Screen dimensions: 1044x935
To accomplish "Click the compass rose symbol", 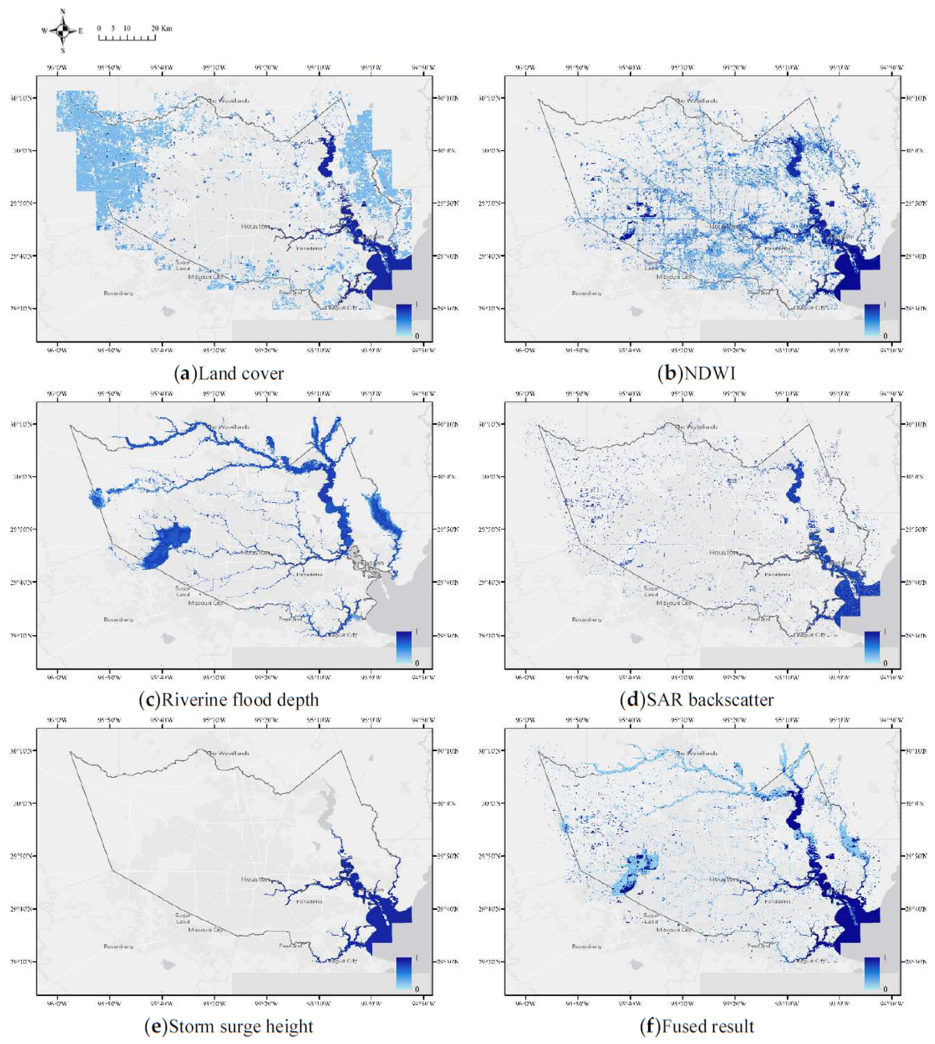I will point(63,31).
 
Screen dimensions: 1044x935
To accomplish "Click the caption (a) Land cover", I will point(229,373).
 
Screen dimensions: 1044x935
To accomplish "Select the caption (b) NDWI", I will point(697,373).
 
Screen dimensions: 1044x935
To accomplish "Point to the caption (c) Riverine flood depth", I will point(229,699).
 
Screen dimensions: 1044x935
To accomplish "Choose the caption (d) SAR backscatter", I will point(697,699).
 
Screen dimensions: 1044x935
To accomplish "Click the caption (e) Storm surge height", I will point(229,1026).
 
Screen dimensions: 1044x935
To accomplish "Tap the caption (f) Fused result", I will point(697,1026).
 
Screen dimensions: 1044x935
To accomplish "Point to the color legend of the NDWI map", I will point(872,320).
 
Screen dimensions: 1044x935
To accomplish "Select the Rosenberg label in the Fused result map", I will point(587,946).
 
